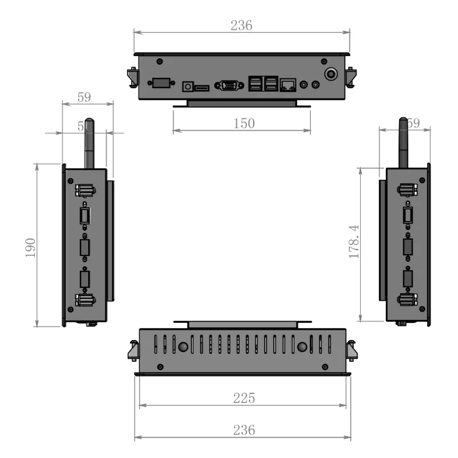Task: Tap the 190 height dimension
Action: pos(31,246)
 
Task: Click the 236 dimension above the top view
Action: pos(241,25)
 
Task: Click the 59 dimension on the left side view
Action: pos(84,97)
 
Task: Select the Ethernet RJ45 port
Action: pos(288,85)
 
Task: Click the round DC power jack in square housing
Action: pos(187,86)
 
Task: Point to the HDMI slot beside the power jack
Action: pos(202,88)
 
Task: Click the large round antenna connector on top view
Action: pos(331,74)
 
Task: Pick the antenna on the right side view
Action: pos(404,143)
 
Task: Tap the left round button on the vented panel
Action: pos(184,347)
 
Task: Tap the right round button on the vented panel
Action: pos(302,347)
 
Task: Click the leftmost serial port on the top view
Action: pos(160,83)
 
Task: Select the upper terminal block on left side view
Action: pos(85,190)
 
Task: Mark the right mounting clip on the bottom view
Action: pos(352,349)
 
